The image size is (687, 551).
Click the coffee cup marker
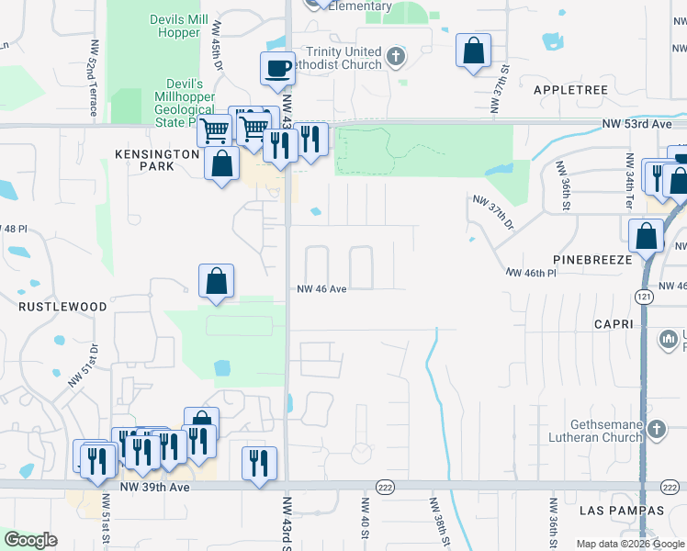(x=277, y=67)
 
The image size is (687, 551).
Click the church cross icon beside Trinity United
(x=396, y=58)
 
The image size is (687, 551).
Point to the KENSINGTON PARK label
(x=156, y=162)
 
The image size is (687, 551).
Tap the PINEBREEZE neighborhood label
(x=593, y=260)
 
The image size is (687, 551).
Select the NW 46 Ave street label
(x=321, y=288)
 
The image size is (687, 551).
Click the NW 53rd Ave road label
(x=638, y=123)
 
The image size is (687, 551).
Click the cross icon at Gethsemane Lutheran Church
(x=656, y=429)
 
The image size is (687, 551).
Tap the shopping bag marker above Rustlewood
(x=217, y=281)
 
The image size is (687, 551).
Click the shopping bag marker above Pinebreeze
(x=647, y=235)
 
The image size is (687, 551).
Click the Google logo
(x=31, y=540)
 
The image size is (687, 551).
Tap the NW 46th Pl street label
(x=532, y=273)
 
